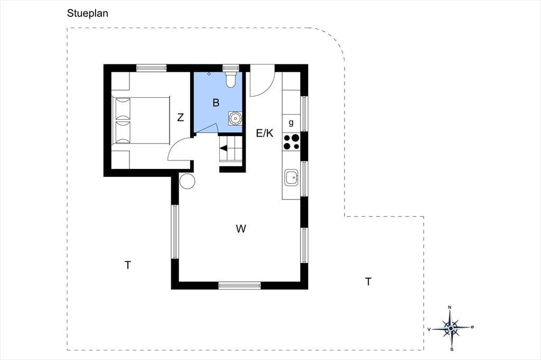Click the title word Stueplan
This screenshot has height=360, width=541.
88,13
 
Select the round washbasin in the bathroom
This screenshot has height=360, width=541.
235,118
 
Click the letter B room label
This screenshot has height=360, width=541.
216,102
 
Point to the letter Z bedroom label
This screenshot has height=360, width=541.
181,118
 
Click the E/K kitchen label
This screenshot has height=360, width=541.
265,133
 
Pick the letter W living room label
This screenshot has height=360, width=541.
241,229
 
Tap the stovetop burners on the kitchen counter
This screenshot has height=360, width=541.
291,142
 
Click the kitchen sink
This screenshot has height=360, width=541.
292,177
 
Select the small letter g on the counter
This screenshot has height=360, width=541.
291,123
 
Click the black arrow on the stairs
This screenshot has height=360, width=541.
223,148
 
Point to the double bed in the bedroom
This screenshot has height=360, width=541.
141,120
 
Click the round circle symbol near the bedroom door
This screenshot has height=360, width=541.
187,181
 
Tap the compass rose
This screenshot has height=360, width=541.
451,328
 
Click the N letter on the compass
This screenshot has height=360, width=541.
450,307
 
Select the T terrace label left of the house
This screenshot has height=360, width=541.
128,265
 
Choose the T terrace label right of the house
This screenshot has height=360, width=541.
368,282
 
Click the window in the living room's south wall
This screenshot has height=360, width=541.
239,285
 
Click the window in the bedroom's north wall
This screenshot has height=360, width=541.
152,68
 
